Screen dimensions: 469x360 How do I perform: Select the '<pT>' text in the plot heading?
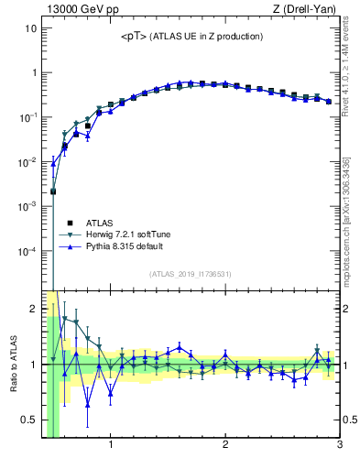(x=132, y=37)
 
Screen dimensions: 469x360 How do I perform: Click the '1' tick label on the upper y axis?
(x=33, y=73)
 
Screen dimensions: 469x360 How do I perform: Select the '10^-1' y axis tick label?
(x=27, y=117)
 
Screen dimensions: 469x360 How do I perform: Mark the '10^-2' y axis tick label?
(x=27, y=162)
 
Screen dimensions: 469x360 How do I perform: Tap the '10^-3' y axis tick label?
(x=27, y=206)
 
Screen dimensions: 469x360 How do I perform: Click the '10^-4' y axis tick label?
(x=27, y=251)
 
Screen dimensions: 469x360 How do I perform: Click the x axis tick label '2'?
(x=225, y=446)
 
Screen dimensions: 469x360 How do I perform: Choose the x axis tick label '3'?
(x=340, y=446)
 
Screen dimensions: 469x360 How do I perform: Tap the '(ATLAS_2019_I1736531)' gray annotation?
(x=191, y=274)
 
